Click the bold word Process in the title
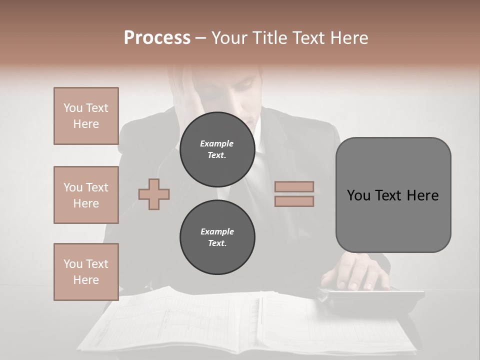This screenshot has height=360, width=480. pyautogui.click(x=157, y=38)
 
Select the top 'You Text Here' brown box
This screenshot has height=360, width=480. pyautogui.click(x=86, y=116)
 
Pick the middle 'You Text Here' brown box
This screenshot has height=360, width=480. pyautogui.click(x=86, y=195)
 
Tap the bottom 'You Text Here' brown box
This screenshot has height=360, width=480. pyautogui.click(x=86, y=272)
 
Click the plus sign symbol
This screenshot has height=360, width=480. pyautogui.click(x=154, y=194)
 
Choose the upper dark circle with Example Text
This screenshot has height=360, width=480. pyautogui.click(x=217, y=149)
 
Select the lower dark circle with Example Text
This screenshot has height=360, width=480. pyautogui.click(x=217, y=237)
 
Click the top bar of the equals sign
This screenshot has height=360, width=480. pyautogui.click(x=294, y=187)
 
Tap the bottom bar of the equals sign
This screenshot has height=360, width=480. pyautogui.click(x=294, y=201)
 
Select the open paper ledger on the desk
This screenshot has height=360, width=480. pyautogui.click(x=250, y=320)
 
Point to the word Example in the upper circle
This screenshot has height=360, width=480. pyautogui.click(x=217, y=144)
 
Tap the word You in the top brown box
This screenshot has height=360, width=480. pyautogui.click(x=72, y=108)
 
